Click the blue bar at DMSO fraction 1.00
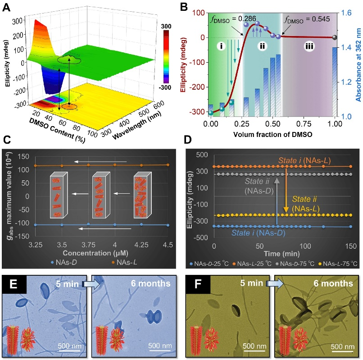click(x=334, y=81)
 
